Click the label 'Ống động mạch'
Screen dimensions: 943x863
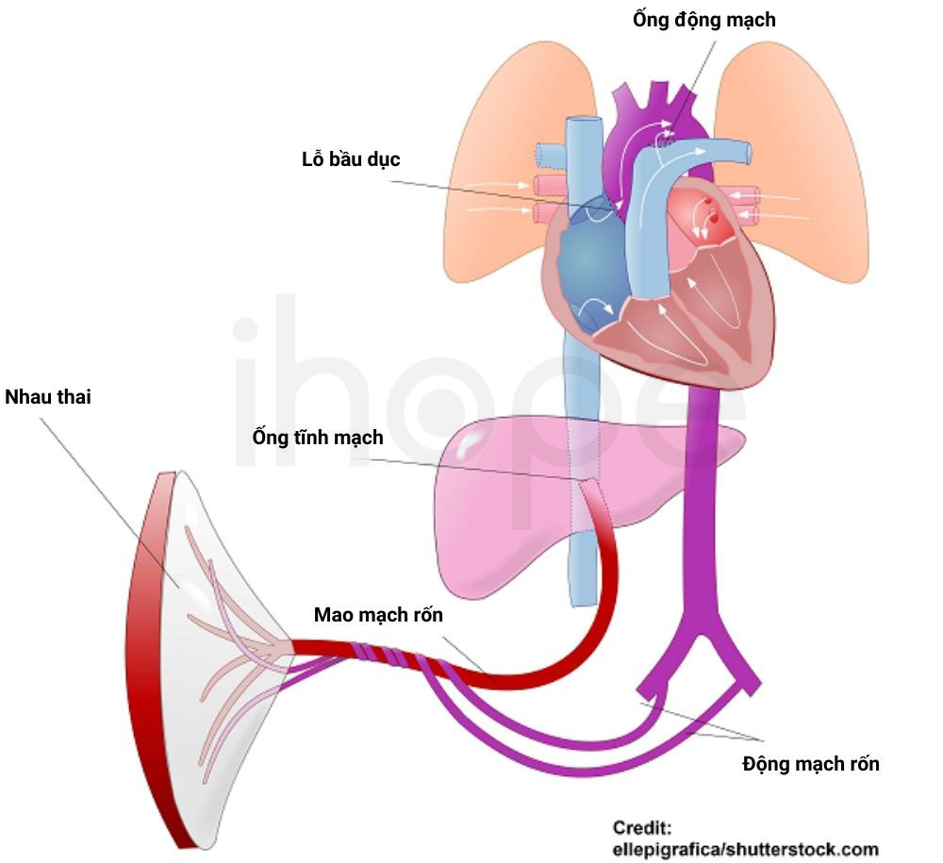(703, 19)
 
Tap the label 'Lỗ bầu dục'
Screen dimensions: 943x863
(351, 159)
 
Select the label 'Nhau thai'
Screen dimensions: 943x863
(47, 397)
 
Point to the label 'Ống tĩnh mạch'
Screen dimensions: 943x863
(318, 438)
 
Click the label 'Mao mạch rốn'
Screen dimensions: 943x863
(378, 615)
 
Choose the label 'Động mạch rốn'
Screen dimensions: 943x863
(811, 764)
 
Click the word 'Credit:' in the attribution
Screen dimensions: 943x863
(641, 828)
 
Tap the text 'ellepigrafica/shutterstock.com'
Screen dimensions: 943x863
(745, 850)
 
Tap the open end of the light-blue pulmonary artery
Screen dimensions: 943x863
(747, 152)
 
